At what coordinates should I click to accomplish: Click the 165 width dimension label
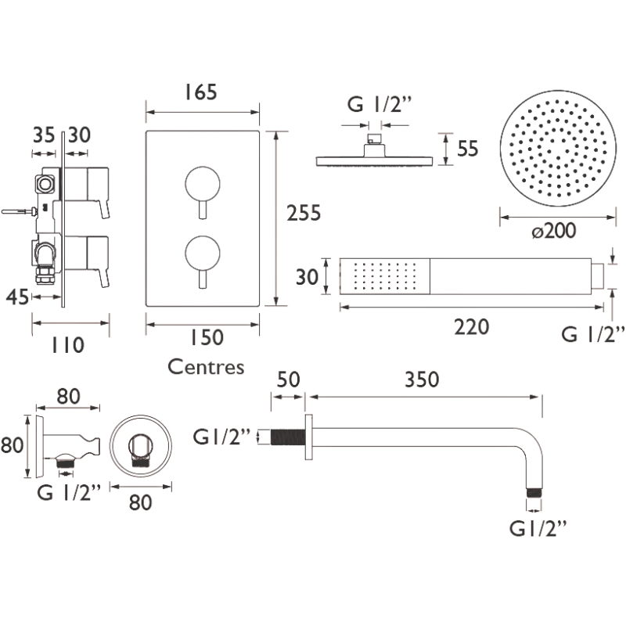pos(200,92)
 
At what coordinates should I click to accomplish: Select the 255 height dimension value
pos(304,213)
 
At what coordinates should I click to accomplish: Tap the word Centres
pos(206,366)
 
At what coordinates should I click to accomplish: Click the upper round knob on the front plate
pos(203,184)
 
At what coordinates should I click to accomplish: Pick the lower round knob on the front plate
pos(203,253)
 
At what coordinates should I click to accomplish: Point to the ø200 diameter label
pos(554,231)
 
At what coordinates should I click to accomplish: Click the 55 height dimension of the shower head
pos(467,149)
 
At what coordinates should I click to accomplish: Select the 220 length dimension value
pos(472,327)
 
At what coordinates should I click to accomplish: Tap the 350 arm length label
pos(422,380)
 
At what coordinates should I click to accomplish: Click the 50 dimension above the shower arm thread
pos(288,380)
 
